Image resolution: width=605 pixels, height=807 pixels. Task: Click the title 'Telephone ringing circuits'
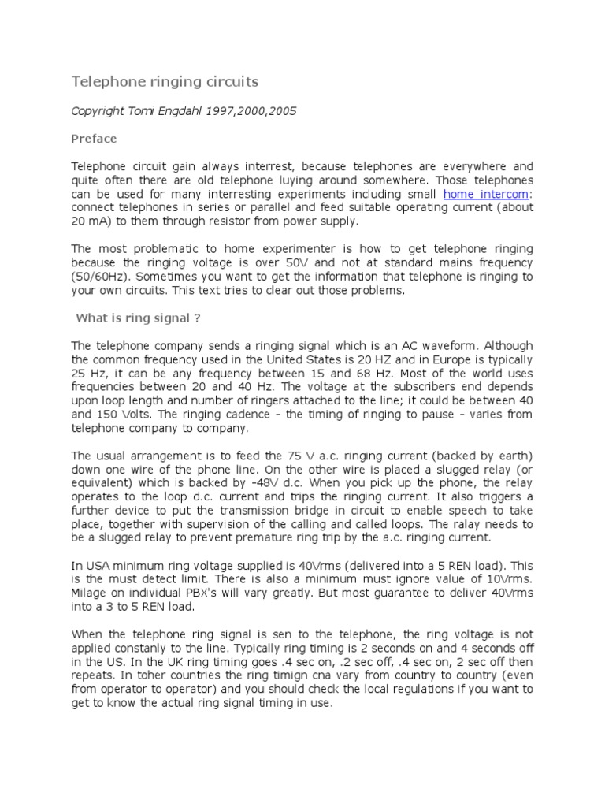[165, 82]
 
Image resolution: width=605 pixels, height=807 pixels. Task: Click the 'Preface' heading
[94, 139]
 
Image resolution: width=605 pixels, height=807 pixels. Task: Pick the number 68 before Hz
[378, 373]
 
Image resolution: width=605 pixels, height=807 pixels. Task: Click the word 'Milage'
[89, 593]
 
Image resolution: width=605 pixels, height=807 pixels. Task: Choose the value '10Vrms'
[513, 579]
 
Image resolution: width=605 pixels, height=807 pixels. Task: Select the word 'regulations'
[406, 690]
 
